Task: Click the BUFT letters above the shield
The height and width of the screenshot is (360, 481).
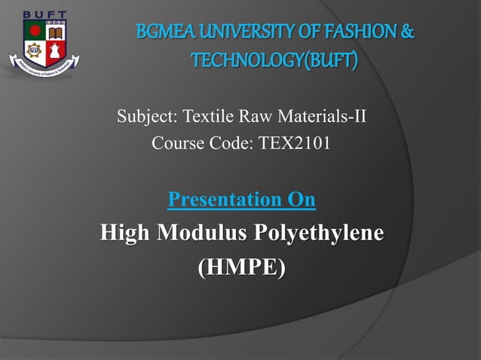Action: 44,14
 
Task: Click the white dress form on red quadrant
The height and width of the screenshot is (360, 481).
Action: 54,53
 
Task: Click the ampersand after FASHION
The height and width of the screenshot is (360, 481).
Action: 408,34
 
